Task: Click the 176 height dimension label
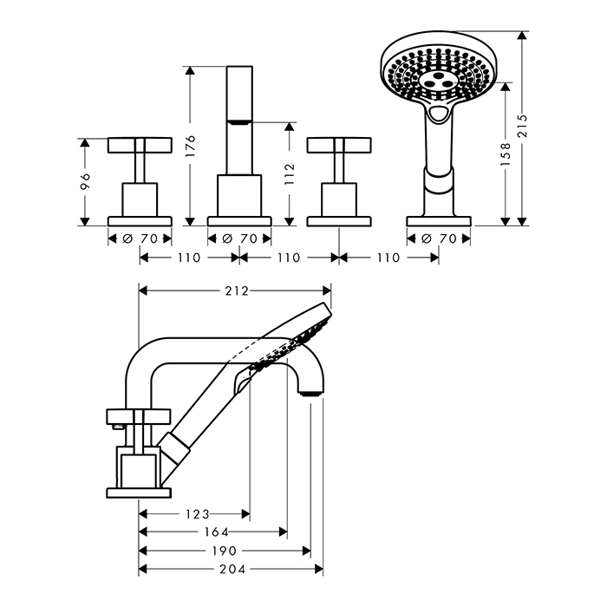coord(190,147)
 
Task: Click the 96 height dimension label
coord(85,181)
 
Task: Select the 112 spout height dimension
coord(290,173)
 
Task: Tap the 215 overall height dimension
coord(523,126)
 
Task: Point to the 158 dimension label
coord(506,154)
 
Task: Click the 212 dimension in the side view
coord(237,290)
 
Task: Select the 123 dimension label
coord(198,514)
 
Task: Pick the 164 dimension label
coord(217,532)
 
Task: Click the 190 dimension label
coord(225,551)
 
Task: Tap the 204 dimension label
coord(232,569)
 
